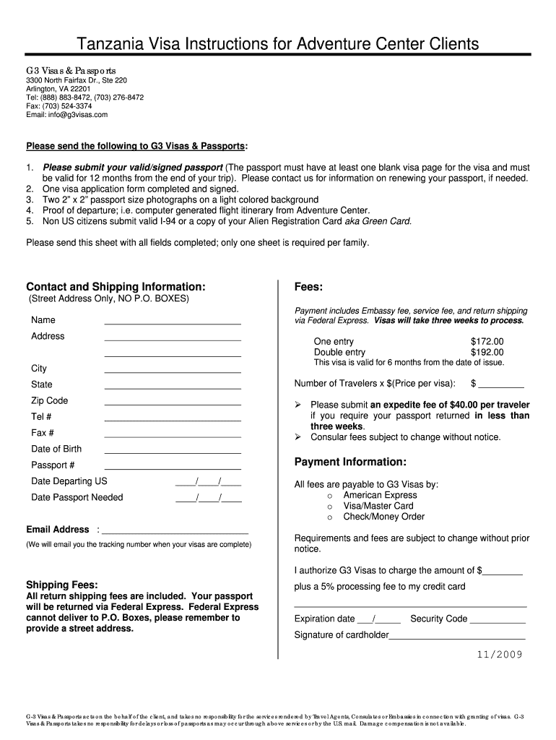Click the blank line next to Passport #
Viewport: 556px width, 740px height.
click(x=173, y=468)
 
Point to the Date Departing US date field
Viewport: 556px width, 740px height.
click(x=208, y=483)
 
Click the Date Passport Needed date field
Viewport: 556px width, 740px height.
click(x=208, y=499)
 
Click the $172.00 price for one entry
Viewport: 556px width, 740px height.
click(x=487, y=341)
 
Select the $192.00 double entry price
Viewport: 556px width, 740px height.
click(x=487, y=352)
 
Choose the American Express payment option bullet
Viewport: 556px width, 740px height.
click(x=329, y=496)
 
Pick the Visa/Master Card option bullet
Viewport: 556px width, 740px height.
click(x=329, y=507)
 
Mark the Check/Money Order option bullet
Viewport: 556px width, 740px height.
click(x=329, y=517)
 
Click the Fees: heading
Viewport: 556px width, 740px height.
click(x=308, y=286)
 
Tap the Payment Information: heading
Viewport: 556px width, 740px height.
click(x=350, y=462)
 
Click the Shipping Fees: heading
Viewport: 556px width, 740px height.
click(x=62, y=584)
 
